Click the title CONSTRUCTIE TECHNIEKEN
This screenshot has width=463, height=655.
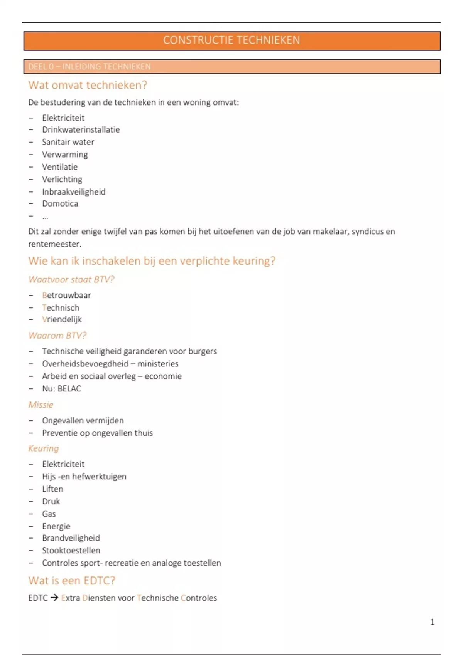coord(231,40)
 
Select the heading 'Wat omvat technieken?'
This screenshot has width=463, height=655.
coord(88,85)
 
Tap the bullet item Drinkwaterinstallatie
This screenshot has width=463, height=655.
coord(81,130)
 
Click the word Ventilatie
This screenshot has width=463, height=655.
coord(60,167)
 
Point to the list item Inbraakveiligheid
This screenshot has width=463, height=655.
coord(74,192)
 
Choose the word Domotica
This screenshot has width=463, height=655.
coord(60,204)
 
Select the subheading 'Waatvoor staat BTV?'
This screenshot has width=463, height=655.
coord(71,279)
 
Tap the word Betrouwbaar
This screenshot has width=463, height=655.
coord(66,296)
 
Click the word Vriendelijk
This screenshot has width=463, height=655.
coord(62,320)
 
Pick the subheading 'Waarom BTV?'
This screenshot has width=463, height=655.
coord(57,336)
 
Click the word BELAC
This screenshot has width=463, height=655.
coord(69,389)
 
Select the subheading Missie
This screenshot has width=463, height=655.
coord(41,405)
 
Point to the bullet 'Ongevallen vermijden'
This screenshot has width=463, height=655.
coord(83,421)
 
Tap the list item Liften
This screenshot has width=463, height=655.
coord(52,489)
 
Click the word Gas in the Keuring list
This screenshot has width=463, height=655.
coord(49,514)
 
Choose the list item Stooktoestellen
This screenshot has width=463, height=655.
coord(71,551)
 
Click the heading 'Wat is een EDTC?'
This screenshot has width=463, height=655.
coord(72,581)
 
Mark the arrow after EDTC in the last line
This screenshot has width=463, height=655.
coord(54,598)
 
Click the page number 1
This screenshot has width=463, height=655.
coord(432,622)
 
